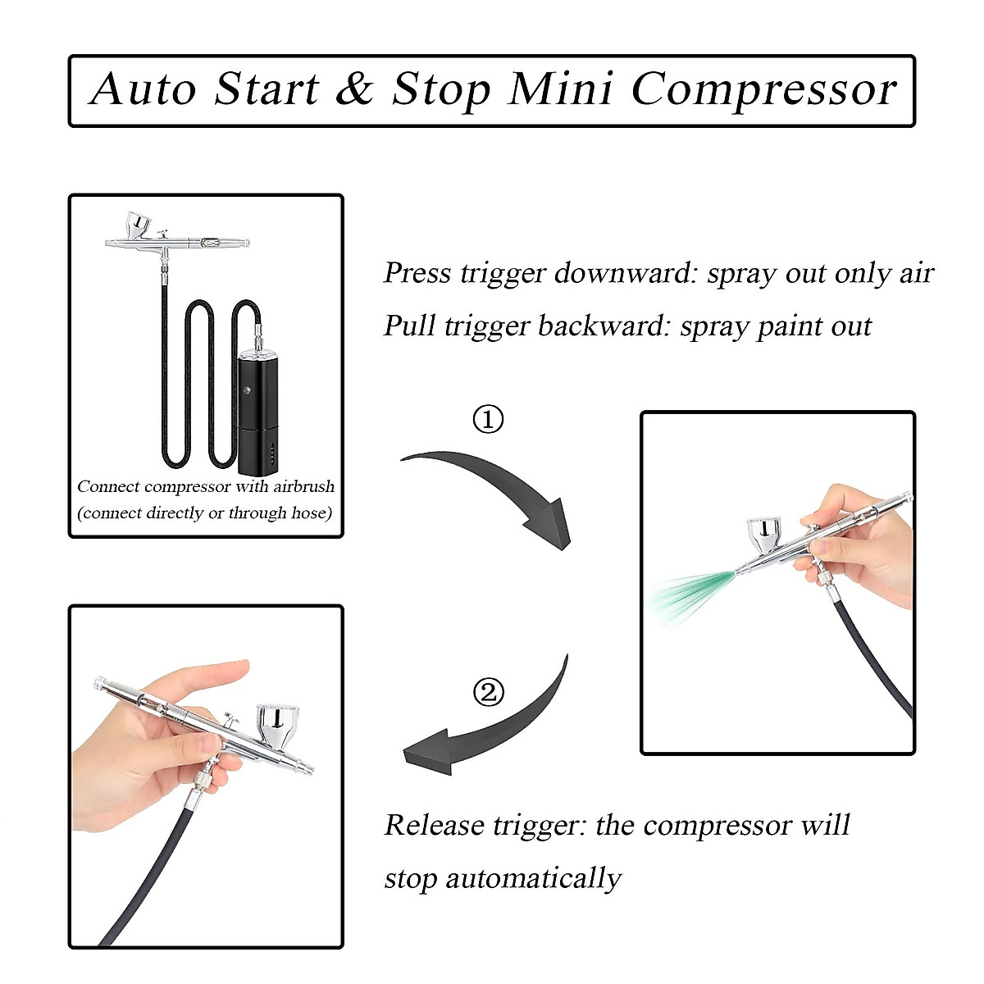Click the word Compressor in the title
coord(764,89)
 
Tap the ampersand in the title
coord(354,89)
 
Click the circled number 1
coord(489,420)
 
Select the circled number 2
coord(489,693)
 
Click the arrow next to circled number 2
coord(492,730)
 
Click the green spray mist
coord(685,594)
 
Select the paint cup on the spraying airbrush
coord(766,537)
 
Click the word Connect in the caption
coord(108,486)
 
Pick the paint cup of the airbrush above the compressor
coord(137,224)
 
